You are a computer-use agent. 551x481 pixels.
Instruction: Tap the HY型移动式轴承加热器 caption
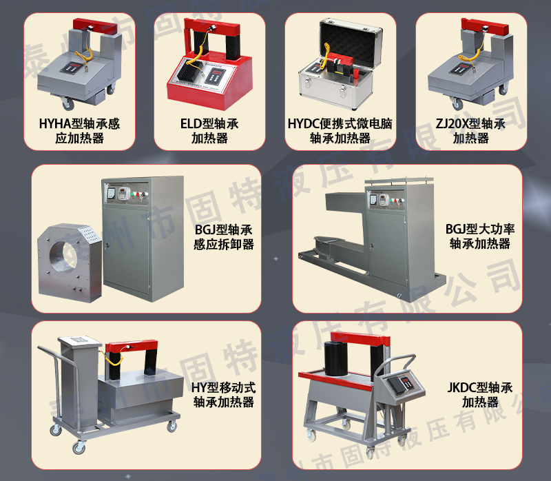pos(224,395)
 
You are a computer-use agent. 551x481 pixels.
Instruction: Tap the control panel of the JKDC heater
pos(402,383)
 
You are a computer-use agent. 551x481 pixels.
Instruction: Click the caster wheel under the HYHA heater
pos(68,104)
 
